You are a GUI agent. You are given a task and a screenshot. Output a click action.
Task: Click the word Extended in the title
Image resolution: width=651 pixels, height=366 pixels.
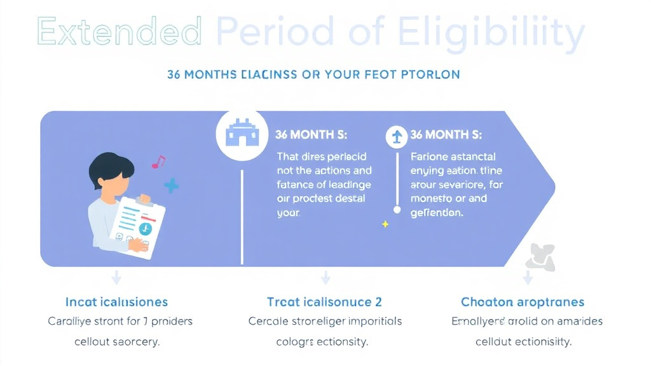tap(120, 30)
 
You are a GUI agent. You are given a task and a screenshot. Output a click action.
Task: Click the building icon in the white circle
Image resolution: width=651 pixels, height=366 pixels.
tap(241, 134)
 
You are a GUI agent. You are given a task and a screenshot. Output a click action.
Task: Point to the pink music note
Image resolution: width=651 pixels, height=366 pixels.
tap(158, 162)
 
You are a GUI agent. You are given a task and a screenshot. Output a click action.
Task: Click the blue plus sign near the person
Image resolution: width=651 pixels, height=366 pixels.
tap(171, 186)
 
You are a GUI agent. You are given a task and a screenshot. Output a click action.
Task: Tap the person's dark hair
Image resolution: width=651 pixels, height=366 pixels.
tap(111, 166)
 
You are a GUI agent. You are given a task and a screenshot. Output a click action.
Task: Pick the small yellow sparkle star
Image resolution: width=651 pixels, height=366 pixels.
tap(384, 224)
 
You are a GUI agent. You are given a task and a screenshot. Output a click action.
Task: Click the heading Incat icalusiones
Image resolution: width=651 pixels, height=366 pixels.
tap(116, 302)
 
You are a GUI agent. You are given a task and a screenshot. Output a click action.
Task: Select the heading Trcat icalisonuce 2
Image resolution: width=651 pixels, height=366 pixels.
tap(324, 302)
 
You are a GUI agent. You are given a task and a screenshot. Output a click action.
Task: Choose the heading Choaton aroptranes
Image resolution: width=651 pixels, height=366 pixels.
tap(523, 302)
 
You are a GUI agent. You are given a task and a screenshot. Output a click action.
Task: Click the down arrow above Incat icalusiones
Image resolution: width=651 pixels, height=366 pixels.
tap(116, 277)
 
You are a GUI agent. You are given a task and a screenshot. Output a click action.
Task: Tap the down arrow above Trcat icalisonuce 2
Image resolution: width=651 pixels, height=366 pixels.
tap(325, 277)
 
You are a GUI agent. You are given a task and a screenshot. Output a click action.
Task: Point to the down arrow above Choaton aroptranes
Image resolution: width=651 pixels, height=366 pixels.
tap(527, 277)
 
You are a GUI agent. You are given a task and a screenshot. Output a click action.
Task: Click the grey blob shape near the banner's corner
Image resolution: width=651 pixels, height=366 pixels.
tap(540, 257)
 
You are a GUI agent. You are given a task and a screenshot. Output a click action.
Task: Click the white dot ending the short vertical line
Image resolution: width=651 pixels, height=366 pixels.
tap(397, 209)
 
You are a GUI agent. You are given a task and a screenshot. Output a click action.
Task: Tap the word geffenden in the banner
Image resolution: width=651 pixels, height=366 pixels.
tap(437, 213)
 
